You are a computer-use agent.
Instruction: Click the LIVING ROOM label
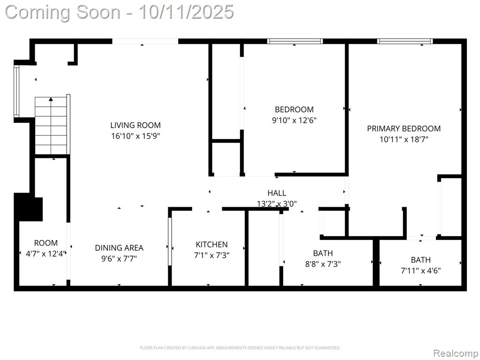135,125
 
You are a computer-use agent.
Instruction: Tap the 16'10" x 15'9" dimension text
135,135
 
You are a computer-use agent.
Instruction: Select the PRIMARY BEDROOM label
404,128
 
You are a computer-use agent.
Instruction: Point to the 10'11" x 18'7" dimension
404,139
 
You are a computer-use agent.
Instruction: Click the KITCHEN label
211,244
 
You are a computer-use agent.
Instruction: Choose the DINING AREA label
119,247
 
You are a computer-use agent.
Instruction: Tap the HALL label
277,193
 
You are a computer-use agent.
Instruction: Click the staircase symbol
51,126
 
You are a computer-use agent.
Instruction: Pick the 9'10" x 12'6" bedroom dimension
294,120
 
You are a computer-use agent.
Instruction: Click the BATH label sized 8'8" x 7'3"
322,253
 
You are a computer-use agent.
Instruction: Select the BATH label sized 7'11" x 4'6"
420,260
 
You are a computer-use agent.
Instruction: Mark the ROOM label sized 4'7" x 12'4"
46,243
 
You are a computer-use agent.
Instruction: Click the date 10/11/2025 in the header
187,12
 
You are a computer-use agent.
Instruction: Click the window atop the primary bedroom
405,41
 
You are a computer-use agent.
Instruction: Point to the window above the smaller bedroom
295,41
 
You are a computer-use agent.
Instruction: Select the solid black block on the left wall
29,207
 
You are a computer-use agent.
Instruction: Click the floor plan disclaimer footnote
240,348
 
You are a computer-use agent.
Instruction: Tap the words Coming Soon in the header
63,13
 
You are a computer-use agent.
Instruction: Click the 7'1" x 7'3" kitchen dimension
211,255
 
